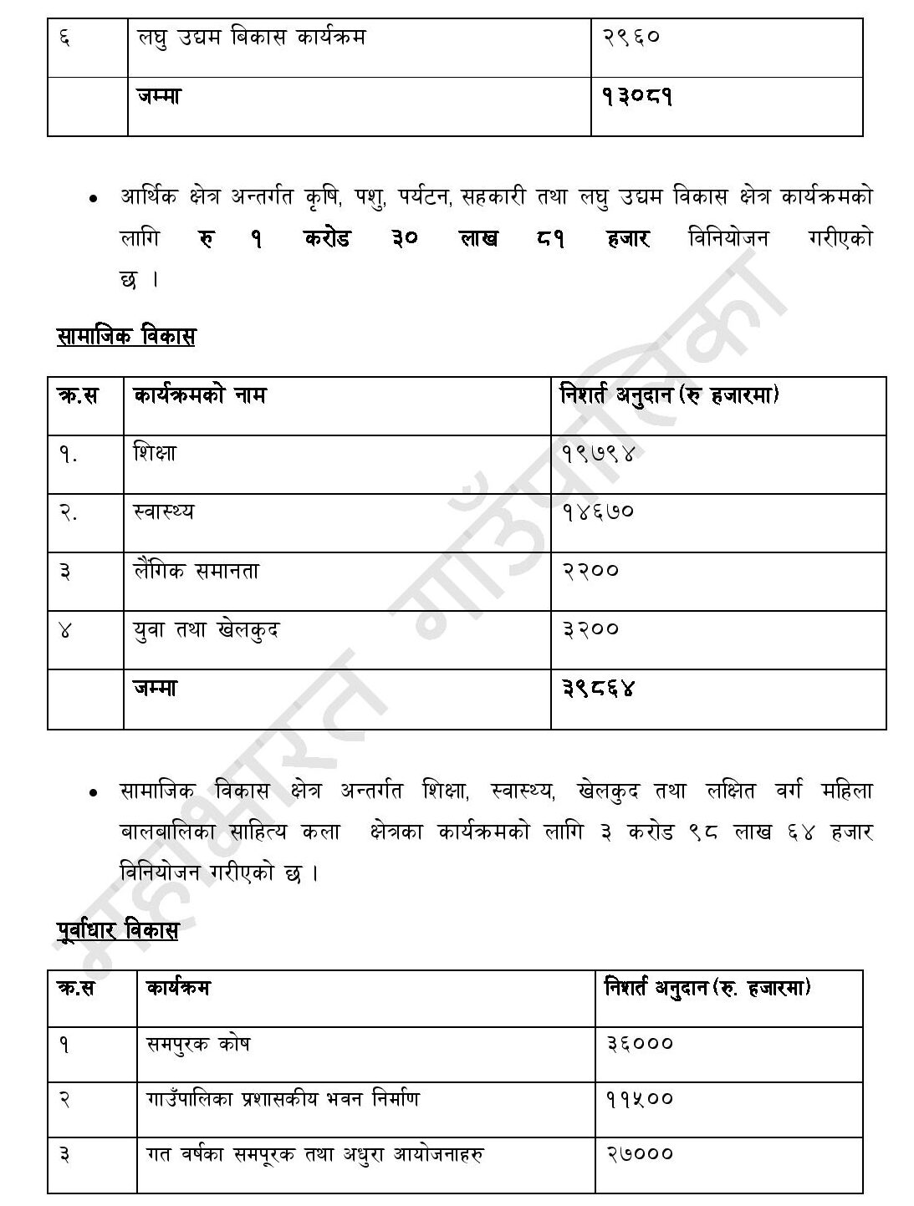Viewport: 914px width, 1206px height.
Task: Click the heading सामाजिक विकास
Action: coord(125,337)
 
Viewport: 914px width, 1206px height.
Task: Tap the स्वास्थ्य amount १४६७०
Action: coord(599,511)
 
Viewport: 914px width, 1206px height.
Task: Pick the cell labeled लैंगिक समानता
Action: coord(196,572)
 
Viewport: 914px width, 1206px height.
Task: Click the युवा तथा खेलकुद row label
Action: coord(206,629)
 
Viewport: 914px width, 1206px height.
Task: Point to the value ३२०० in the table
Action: coord(590,628)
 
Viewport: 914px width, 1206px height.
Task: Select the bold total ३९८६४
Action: coord(599,688)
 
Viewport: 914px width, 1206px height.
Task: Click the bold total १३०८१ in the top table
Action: coord(637,97)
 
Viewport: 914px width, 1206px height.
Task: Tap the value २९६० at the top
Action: coord(631,38)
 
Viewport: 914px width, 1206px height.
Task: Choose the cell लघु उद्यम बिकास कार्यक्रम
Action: coord(251,38)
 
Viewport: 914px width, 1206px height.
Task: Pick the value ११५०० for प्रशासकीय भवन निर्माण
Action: coord(639,1099)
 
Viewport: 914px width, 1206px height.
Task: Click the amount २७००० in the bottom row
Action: coord(639,1154)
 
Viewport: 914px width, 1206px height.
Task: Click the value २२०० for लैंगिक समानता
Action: coord(590,571)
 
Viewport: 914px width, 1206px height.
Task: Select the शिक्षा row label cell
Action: coord(156,454)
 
